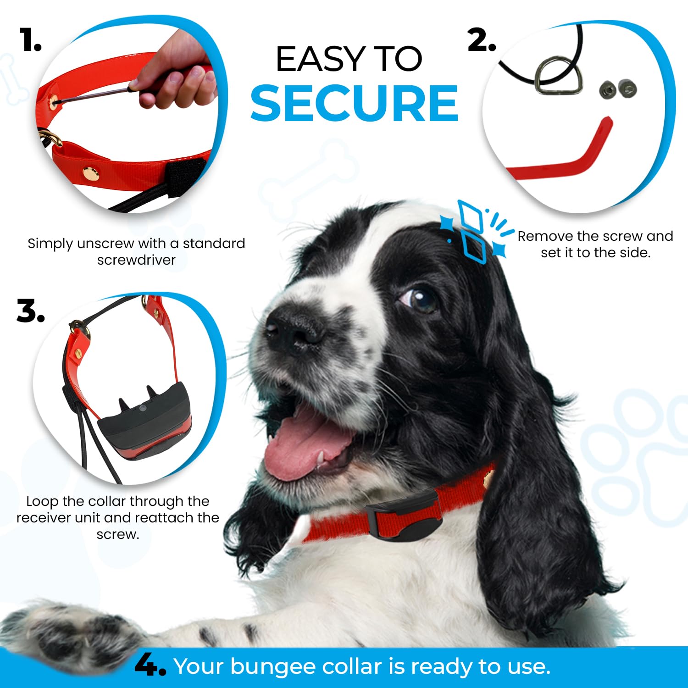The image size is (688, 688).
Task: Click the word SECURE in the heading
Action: pyautogui.click(x=354, y=104)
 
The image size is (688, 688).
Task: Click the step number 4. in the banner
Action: pyautogui.click(x=150, y=666)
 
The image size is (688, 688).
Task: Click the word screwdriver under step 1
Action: pyautogui.click(x=136, y=260)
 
